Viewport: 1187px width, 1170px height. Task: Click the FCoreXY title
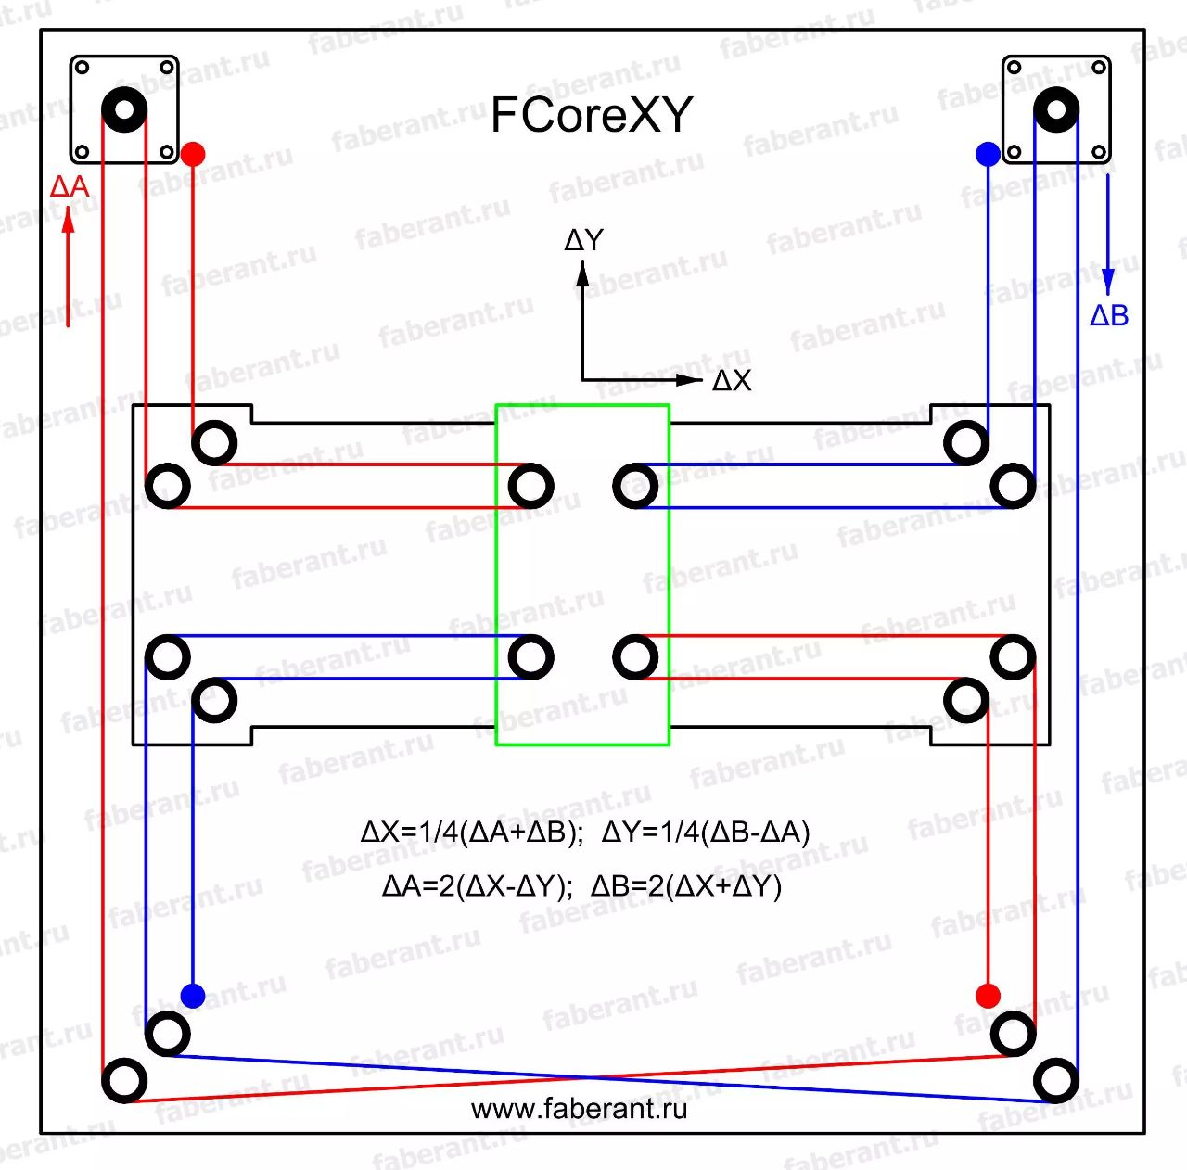tap(592, 115)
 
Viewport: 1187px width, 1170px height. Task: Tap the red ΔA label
tap(70, 186)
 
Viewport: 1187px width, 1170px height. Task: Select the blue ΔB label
tap(1109, 315)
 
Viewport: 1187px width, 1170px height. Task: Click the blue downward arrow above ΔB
tap(1108, 235)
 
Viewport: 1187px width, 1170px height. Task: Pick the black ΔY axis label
tap(583, 240)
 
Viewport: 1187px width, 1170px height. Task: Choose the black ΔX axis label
tap(732, 381)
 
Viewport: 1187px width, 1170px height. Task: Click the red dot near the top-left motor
tap(193, 154)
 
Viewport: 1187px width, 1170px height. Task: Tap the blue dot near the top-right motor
tap(988, 154)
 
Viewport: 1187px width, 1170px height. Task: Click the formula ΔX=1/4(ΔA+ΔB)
tap(471, 833)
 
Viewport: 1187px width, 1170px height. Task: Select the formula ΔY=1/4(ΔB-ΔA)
tap(706, 833)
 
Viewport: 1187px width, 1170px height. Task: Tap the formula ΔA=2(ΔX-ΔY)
tap(478, 886)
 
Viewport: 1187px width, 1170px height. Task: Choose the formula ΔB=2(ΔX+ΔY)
tap(686, 886)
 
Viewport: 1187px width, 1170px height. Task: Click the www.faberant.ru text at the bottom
tap(579, 1110)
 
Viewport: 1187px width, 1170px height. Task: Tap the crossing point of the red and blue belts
tap(590, 1077)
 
